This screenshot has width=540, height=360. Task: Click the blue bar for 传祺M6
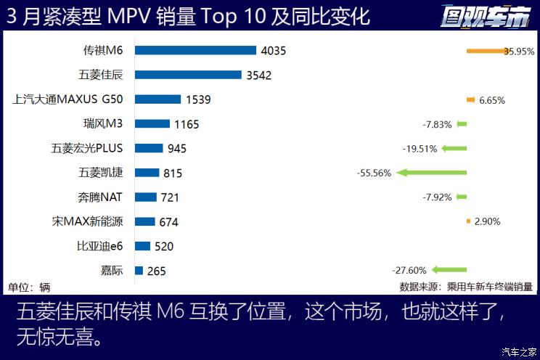(195, 50)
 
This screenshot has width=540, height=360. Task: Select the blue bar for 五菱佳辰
(188, 75)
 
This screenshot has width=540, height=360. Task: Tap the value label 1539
(198, 99)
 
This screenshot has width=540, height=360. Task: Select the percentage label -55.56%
(374, 173)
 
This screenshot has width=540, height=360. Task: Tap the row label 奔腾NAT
(100, 197)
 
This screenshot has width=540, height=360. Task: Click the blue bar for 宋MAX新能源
(144, 221)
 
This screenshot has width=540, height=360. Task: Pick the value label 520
(164, 246)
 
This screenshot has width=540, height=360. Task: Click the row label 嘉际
(112, 271)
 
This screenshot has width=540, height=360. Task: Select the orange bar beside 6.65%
(470, 99)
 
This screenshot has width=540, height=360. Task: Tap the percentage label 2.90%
(487, 221)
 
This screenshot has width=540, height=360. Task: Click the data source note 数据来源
(465, 287)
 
